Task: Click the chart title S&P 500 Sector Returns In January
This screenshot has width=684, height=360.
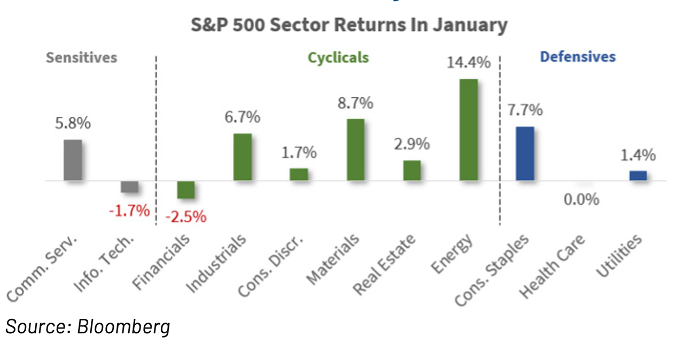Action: click(x=349, y=25)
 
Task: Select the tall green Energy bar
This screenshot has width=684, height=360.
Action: click(x=468, y=130)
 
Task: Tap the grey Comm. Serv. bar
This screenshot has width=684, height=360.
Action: click(x=73, y=160)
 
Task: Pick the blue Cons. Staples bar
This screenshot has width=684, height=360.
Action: click(x=525, y=154)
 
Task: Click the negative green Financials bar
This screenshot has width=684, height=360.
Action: click(x=186, y=190)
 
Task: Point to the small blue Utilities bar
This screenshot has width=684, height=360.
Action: click(x=638, y=176)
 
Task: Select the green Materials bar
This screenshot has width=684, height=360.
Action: click(x=355, y=150)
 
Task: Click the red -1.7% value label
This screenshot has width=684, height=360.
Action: click(x=129, y=210)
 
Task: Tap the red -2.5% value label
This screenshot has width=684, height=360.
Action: click(x=185, y=217)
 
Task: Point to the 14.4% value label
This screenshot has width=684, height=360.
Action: click(x=468, y=63)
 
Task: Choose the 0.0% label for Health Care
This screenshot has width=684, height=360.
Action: click(x=581, y=200)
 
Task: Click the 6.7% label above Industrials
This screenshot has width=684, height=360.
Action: click(x=242, y=117)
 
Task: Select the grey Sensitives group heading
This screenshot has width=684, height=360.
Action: click(x=81, y=58)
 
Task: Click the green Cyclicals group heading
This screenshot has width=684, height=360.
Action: click(x=338, y=57)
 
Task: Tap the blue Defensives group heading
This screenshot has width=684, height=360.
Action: click(x=578, y=57)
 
